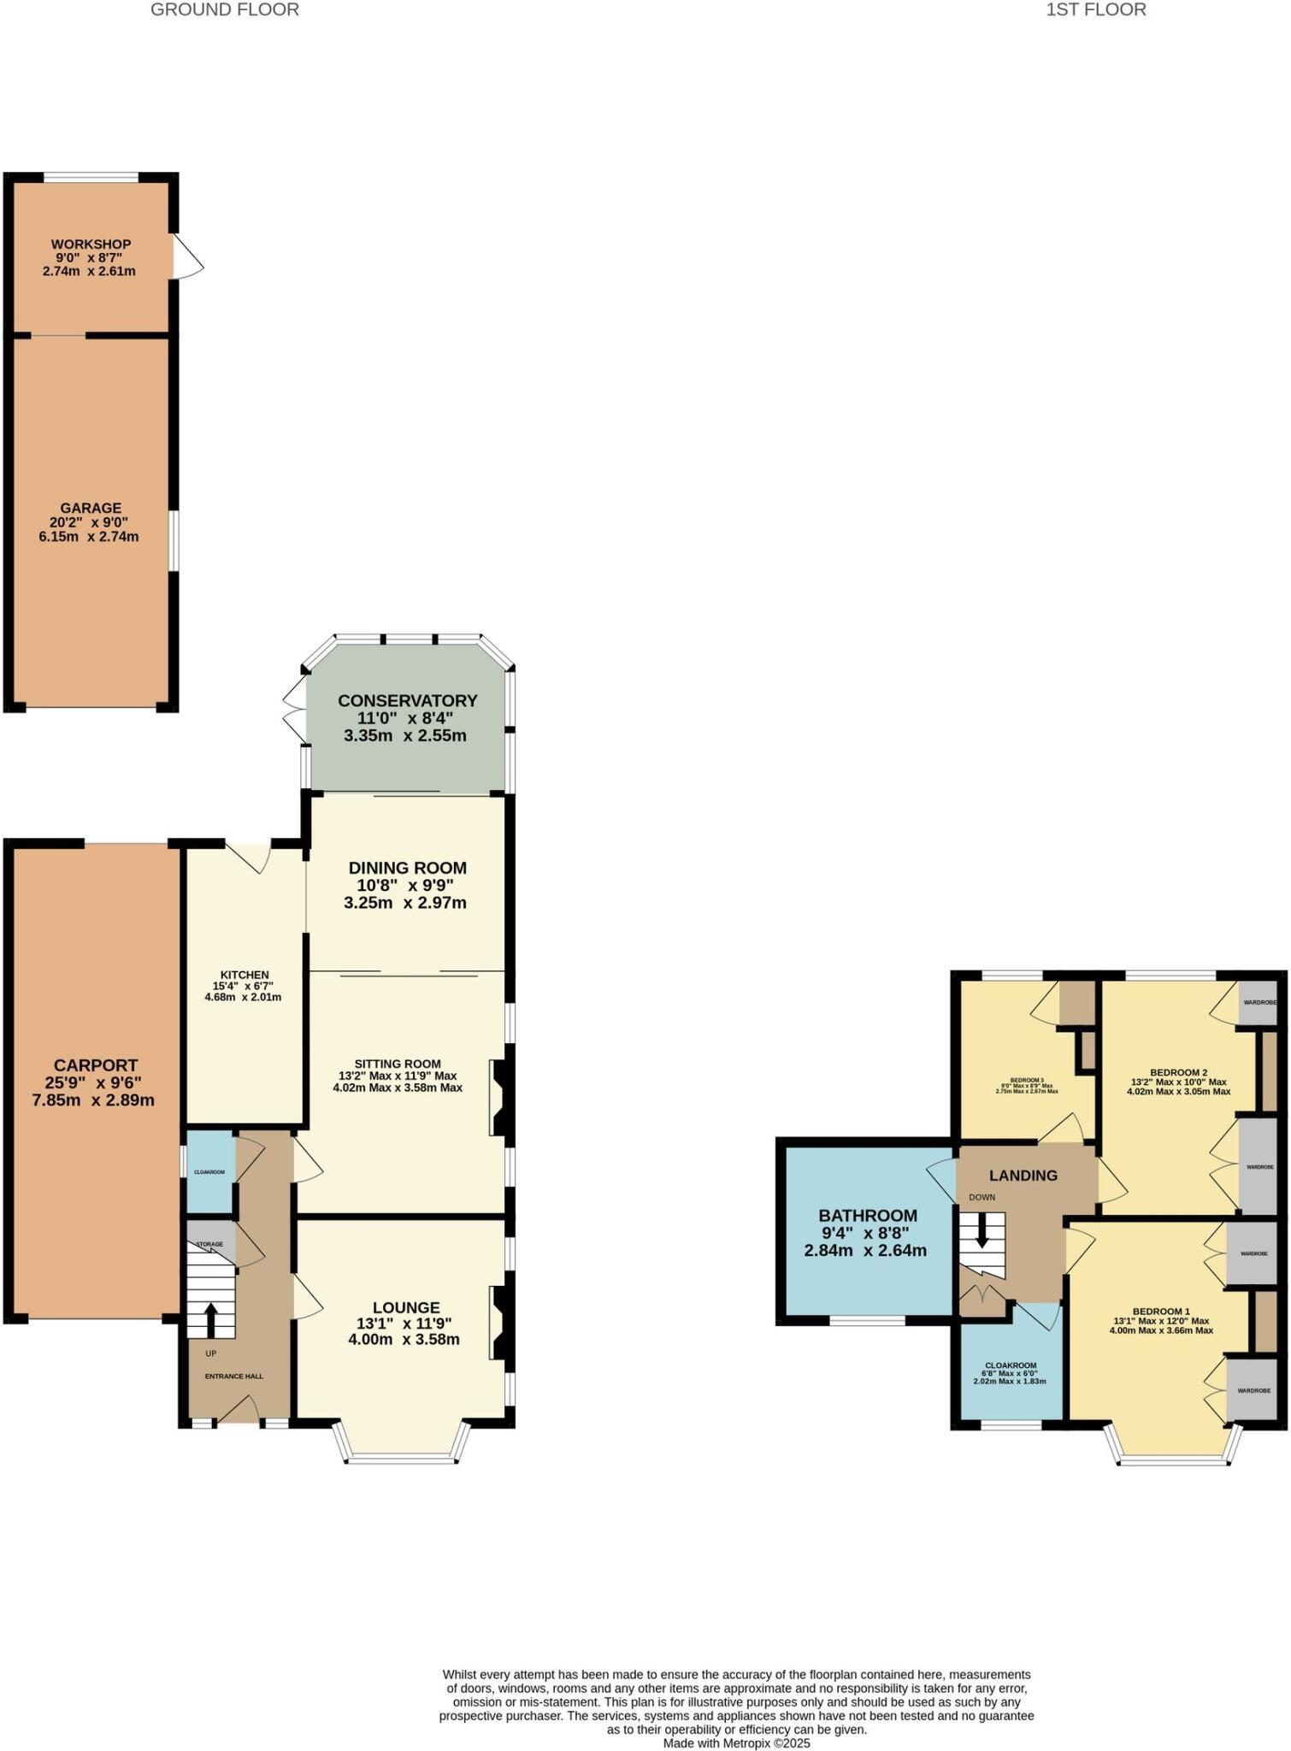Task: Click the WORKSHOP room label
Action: coord(91,245)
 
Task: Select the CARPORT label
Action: coord(95,1065)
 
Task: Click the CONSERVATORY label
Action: coord(407,700)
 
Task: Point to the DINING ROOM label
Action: coord(407,868)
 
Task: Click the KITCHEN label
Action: coord(245,975)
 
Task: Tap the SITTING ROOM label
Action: coord(398,1064)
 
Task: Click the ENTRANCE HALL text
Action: coord(233,1377)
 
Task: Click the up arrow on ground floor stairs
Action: coord(210,1319)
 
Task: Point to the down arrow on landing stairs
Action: coord(982,1233)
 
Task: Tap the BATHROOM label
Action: coord(867,1215)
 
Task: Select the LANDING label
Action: coord(1023,1176)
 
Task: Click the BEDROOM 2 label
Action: coord(1178,1072)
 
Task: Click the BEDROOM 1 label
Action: coord(1161,1311)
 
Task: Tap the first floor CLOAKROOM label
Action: coord(1010,1365)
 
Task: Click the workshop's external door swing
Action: coord(187,256)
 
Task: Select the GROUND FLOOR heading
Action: coord(224,10)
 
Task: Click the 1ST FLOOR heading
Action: coord(1095,10)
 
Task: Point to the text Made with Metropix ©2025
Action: coord(736,1742)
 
